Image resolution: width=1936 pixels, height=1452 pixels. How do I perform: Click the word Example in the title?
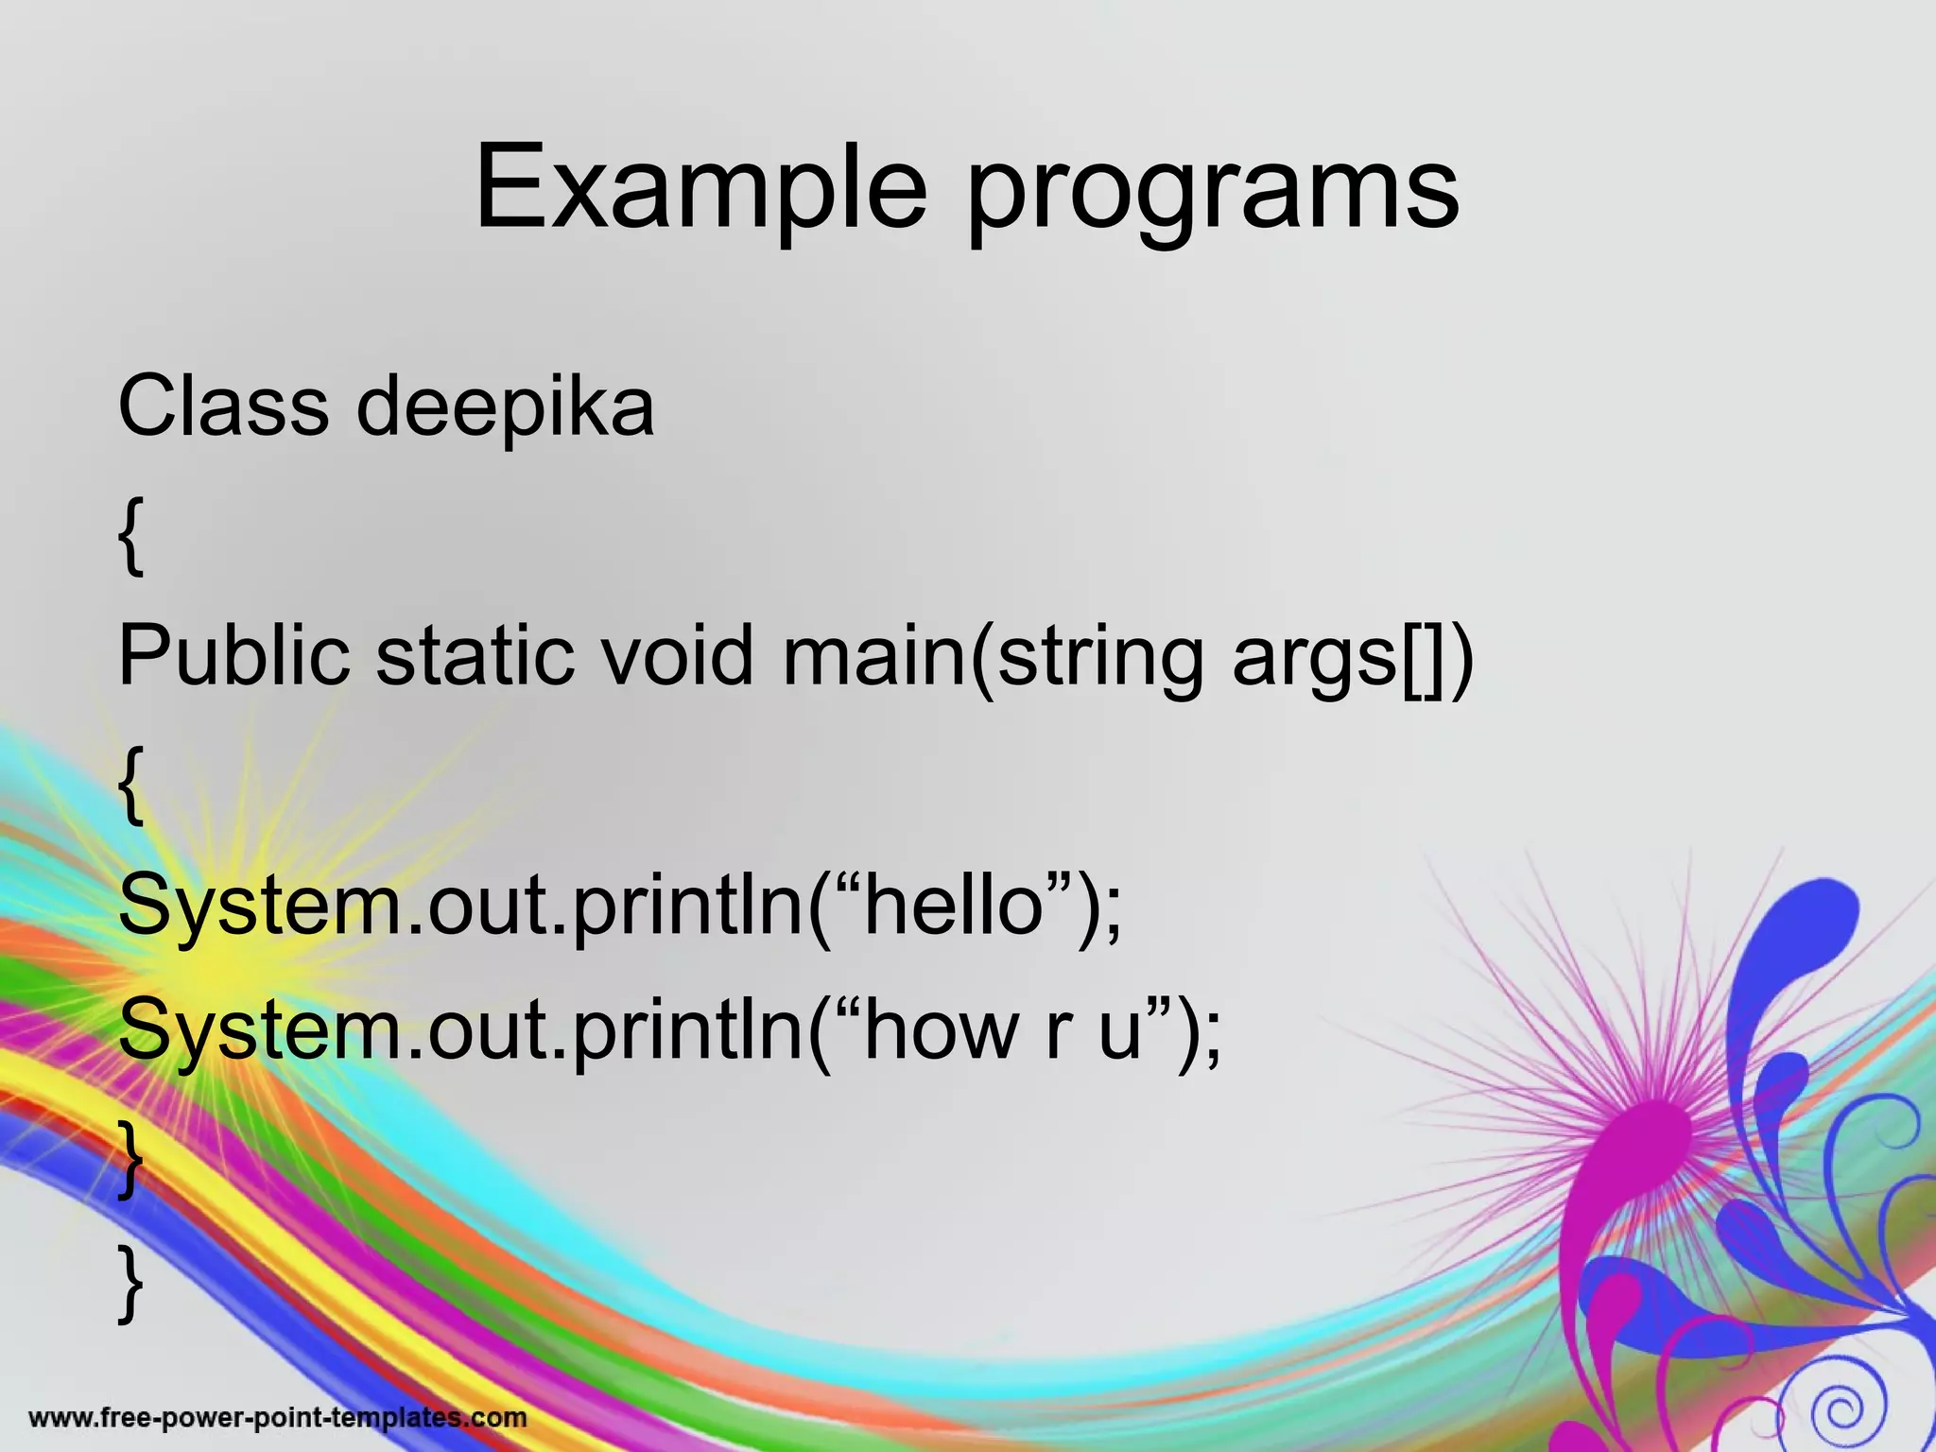[700, 189]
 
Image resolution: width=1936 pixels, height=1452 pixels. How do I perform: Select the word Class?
[223, 406]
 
